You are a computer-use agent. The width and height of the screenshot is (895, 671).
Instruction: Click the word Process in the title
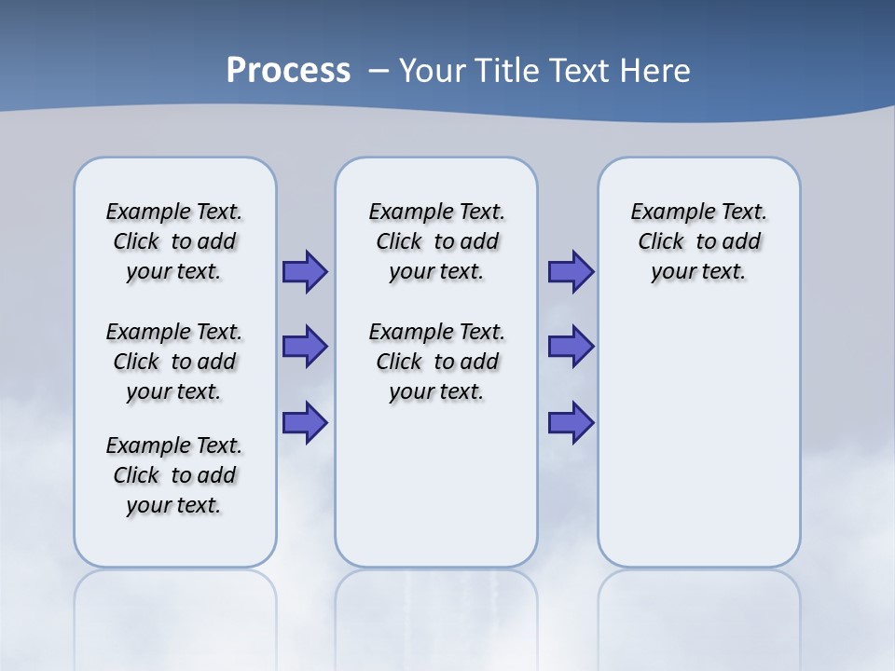[288, 71]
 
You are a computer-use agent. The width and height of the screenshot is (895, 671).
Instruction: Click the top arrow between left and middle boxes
[305, 272]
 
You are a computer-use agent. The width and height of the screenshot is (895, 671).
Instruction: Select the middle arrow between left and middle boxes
[305, 347]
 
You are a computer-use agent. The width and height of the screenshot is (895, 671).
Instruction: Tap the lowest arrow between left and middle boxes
[305, 422]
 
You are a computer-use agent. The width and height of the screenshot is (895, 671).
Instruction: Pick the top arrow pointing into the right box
[571, 272]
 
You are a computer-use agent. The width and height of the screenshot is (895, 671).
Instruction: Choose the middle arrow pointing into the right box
[571, 347]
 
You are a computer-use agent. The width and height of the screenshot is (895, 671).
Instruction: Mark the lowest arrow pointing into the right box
[571, 422]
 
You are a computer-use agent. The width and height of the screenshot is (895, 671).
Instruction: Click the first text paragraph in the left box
[174, 241]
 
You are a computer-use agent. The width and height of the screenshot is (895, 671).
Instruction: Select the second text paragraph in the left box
[174, 362]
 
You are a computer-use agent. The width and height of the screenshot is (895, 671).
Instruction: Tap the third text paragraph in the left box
[174, 475]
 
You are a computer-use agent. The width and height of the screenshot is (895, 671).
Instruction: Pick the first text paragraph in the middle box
[437, 241]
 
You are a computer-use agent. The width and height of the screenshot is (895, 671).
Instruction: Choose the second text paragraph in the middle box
[437, 362]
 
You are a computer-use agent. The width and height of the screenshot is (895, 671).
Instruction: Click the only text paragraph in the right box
[699, 241]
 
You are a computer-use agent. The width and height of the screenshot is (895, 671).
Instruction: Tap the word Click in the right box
[661, 242]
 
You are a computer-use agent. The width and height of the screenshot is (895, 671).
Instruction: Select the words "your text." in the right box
[699, 272]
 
